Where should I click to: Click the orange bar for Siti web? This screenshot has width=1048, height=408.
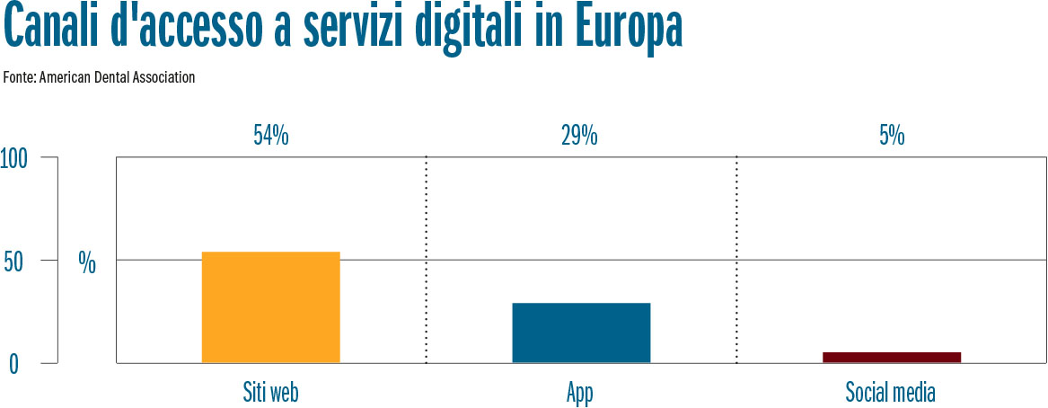270,307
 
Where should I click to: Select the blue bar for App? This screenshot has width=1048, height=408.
581,333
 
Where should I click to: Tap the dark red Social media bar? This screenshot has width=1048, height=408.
891,357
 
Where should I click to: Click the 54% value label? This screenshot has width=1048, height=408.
270,136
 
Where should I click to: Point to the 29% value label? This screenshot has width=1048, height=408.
579,136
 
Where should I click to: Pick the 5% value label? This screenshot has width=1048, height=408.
892,136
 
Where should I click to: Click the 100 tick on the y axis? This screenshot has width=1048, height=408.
15,158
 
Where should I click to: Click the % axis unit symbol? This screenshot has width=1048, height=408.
87,262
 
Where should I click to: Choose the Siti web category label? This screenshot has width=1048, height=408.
270,393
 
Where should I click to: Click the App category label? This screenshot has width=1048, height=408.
580,394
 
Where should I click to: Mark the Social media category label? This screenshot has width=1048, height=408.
891,393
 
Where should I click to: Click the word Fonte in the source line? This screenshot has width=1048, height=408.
19,77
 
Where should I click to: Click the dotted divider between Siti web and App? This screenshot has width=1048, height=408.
426,261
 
